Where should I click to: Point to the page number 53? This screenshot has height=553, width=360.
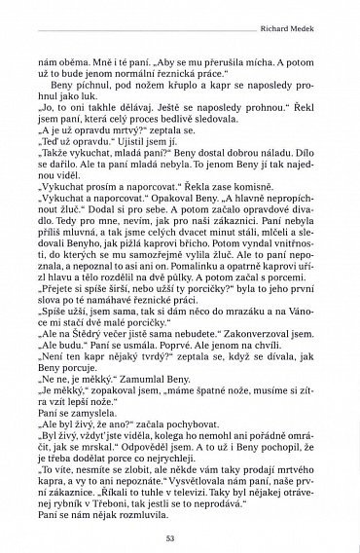click(x=180, y=536)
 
